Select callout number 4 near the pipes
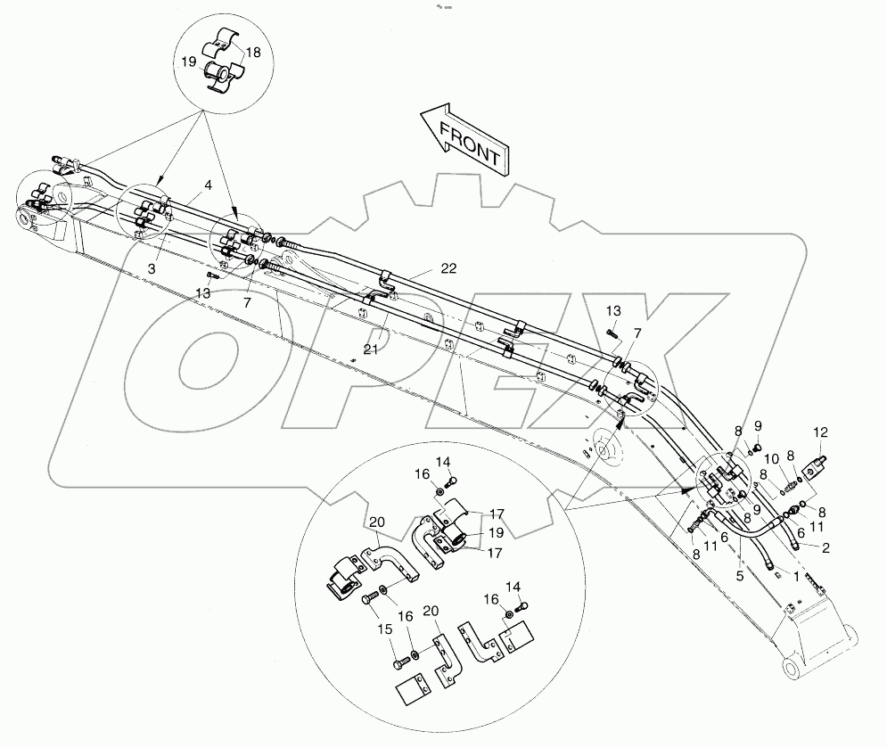207,185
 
